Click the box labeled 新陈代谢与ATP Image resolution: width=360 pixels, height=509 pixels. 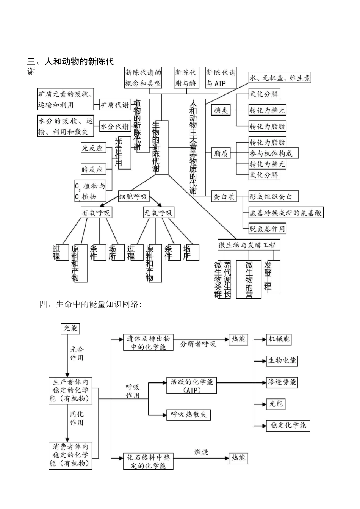[221, 78]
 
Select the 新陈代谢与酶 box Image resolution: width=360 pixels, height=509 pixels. [186, 78]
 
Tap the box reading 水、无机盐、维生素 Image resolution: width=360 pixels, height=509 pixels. [280, 78]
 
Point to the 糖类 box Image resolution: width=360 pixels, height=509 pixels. [221, 110]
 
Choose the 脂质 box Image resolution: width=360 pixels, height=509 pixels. [221, 153]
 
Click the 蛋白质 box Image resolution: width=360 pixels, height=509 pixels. [224, 197]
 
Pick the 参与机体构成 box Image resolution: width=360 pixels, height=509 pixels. [273, 153]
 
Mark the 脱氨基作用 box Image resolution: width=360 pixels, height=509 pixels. [267, 229]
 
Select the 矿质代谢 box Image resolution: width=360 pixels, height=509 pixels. [114, 105]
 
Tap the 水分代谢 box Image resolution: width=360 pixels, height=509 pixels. [114, 127]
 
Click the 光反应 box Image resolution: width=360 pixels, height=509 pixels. [92, 148]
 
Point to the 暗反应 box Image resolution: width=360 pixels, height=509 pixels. [92, 169]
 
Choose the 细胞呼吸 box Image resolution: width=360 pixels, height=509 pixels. [133, 197]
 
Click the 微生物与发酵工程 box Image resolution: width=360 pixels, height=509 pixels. [247, 245]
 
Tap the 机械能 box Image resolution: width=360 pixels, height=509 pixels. [279, 339]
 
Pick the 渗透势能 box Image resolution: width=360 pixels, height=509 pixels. [282, 382]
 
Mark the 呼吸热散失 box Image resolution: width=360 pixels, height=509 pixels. [188, 414]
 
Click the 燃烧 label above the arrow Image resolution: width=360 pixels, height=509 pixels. [201, 452]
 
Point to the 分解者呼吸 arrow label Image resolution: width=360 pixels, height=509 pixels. [198, 344]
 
